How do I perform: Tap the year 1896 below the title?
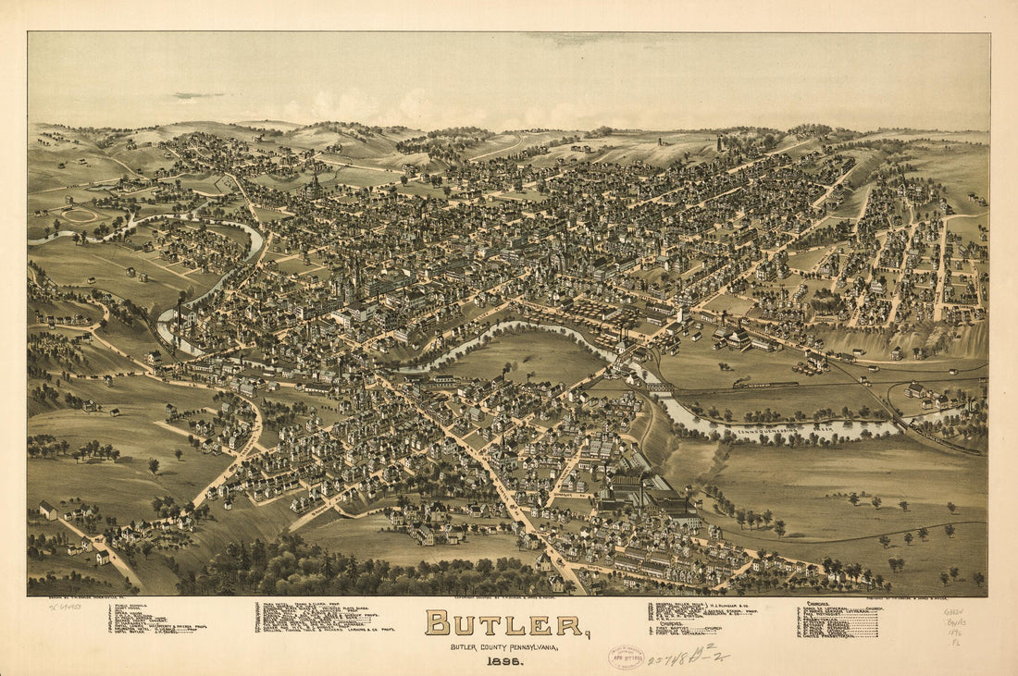coord(504,660)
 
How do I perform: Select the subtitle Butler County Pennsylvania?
coord(504,645)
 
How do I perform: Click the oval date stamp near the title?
coord(626,657)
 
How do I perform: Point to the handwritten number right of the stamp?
coord(686,658)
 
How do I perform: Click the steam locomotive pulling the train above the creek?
coord(740,383)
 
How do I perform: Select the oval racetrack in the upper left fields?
coord(80,215)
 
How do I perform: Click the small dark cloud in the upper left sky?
coord(196,94)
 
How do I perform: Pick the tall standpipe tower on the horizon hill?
coord(720,144)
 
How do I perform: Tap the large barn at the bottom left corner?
coord(47,510)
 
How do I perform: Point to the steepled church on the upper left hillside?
coord(316,185)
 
